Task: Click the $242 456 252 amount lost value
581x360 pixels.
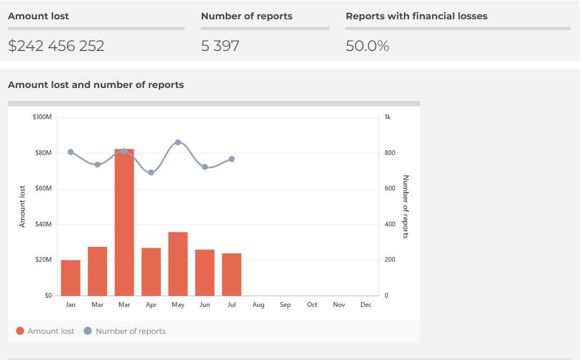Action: [56, 46]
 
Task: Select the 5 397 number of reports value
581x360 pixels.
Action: [220, 46]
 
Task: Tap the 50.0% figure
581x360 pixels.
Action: [367, 46]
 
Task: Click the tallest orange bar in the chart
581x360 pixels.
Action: [124, 223]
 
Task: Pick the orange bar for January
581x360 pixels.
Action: [71, 278]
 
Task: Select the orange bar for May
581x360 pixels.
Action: [178, 264]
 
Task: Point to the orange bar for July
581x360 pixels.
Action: [232, 274]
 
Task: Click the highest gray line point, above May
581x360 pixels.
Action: [178, 142]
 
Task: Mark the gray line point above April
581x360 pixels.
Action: [151, 172]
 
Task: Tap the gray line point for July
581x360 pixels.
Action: [232, 159]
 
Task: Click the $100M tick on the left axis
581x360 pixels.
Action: [42, 117]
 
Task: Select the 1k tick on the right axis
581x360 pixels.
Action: [388, 117]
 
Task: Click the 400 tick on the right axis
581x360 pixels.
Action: [390, 224]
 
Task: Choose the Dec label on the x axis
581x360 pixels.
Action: [366, 305]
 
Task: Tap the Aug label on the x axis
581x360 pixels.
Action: [259, 305]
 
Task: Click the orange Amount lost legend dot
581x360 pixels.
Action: [20, 331]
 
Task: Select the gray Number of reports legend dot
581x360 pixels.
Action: [89, 331]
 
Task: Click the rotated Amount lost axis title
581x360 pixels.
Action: [23, 207]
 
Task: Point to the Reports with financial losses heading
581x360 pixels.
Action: [416, 16]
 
